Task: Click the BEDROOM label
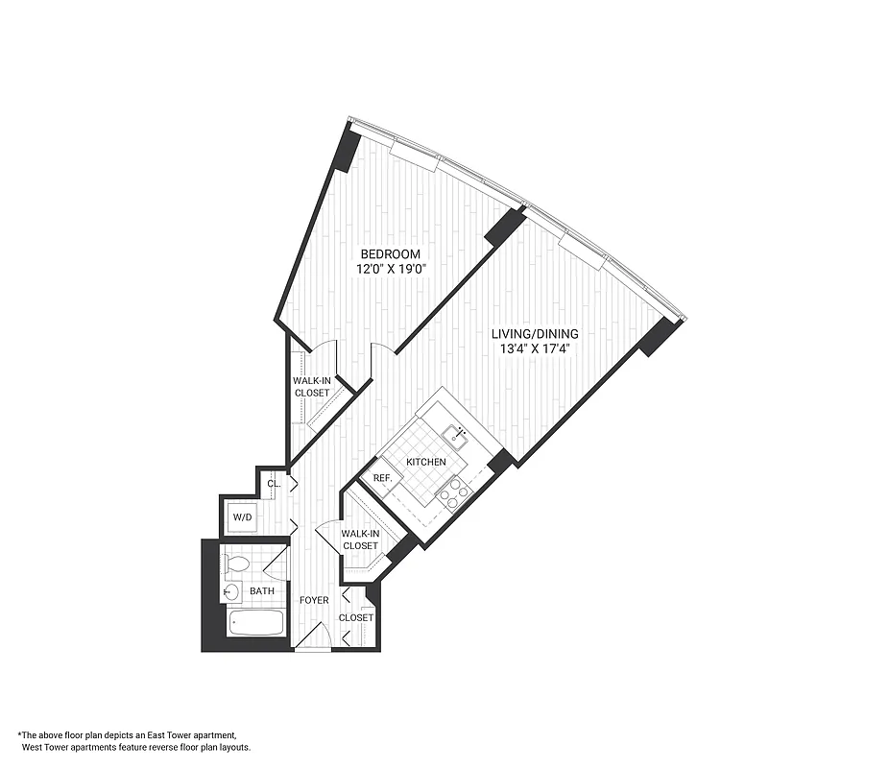point(390,253)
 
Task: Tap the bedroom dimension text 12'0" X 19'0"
point(390,269)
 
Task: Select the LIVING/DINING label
point(535,334)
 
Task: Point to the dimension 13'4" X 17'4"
point(535,349)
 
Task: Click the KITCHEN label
point(425,463)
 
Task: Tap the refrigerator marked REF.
point(381,479)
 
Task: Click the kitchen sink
point(455,439)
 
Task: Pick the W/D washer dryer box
point(243,518)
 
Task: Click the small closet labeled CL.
point(274,484)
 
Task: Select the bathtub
point(255,623)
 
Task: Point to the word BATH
point(262,592)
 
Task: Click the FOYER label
point(314,601)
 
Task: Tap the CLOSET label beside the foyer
point(356,618)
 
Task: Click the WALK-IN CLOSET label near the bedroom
point(312,387)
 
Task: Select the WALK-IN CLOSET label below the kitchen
point(360,539)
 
